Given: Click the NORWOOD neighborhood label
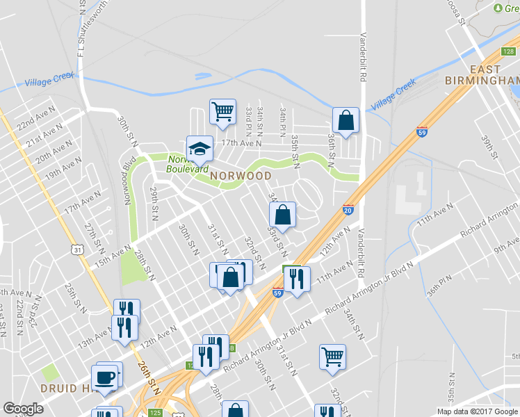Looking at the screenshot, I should pos(241,176).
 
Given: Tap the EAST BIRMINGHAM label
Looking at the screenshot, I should pos(485,75).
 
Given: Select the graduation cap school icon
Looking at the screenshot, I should pos(199,148).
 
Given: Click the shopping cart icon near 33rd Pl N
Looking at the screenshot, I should pos(222,111).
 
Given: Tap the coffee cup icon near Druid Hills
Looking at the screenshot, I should pos(106,377).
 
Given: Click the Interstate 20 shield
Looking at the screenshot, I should pos(348,208).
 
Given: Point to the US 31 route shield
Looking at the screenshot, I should pos(82,249).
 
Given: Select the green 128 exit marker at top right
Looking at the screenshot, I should pos(510,51).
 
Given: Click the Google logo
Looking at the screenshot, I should pos(24,409).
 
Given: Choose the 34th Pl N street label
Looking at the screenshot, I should pos(282,120).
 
